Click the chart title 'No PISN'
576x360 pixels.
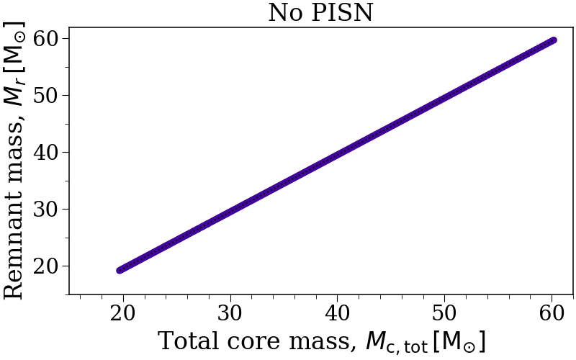pos(320,12)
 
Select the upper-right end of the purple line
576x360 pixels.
pos(552,40)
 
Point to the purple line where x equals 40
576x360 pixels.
pos(338,155)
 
